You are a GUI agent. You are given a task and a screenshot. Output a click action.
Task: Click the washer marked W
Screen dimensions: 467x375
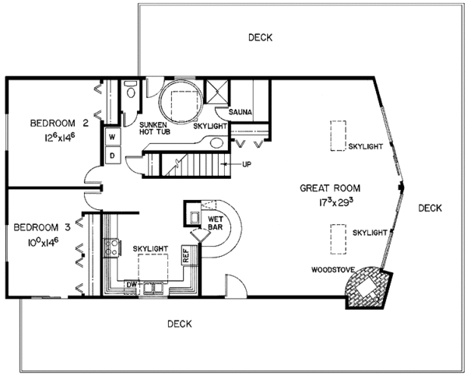[x=112, y=137]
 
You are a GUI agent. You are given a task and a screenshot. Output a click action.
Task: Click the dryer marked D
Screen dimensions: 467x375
[x=112, y=155]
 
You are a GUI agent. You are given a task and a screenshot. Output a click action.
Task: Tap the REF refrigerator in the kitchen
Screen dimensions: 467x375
[x=186, y=255]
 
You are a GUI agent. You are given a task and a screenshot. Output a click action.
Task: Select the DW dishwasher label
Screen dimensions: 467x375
[x=131, y=284]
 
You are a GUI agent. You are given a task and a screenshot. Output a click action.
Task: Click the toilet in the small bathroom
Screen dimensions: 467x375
[x=131, y=89]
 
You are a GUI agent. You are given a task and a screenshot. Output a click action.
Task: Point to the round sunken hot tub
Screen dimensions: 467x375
[x=181, y=101]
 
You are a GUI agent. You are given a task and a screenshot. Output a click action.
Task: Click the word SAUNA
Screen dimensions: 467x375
[x=240, y=112]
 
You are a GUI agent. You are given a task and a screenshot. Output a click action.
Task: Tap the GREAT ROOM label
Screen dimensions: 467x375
[x=330, y=188]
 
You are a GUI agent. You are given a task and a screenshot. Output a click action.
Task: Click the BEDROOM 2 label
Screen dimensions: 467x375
[x=59, y=123]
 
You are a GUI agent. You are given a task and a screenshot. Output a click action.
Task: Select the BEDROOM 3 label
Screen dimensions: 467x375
[x=42, y=228]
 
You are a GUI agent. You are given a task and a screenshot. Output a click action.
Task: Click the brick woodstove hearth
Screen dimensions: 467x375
[x=368, y=288]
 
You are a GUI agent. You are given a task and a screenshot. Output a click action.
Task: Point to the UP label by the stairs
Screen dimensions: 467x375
[x=247, y=164]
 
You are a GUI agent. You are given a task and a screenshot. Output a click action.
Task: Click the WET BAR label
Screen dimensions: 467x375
[x=216, y=223]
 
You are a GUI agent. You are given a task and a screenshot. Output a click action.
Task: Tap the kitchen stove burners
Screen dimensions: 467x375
[x=111, y=247]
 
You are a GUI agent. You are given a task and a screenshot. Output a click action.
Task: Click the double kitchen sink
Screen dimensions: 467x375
[x=153, y=288]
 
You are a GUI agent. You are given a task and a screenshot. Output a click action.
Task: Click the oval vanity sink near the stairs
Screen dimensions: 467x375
[x=217, y=143]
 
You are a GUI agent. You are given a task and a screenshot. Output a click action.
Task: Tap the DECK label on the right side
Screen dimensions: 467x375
[x=430, y=208]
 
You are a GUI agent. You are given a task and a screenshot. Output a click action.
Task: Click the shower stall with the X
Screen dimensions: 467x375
[x=217, y=91]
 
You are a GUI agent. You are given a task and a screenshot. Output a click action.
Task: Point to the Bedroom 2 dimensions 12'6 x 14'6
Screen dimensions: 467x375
[x=59, y=138]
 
